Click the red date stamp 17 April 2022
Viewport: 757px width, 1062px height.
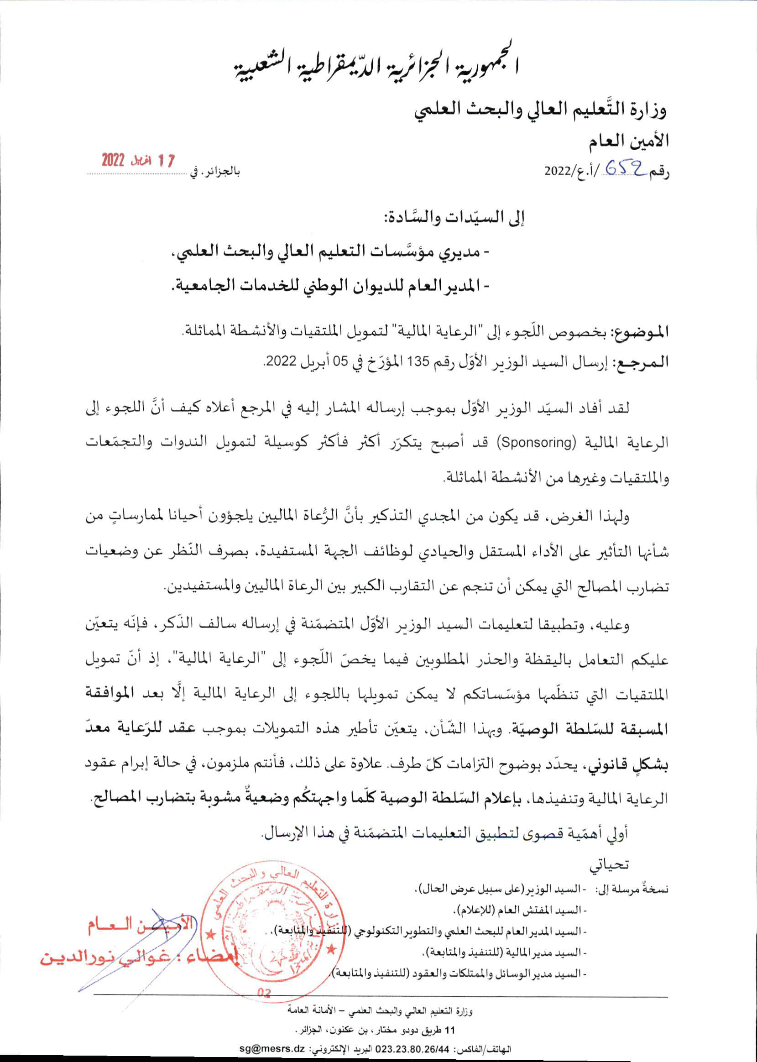[138, 160]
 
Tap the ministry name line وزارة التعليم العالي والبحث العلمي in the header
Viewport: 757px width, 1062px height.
[541, 110]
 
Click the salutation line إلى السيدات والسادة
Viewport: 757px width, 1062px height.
[452, 218]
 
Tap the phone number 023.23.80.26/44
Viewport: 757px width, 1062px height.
[412, 1049]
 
